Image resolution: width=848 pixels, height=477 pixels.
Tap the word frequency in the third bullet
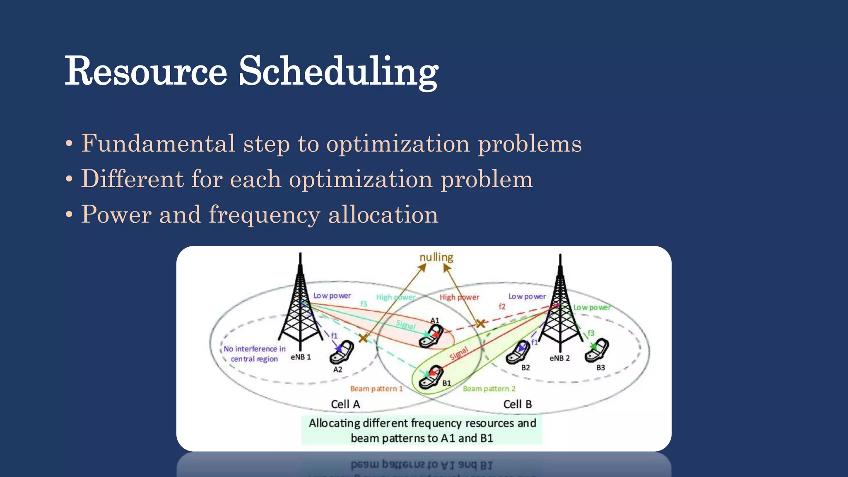coord(264,215)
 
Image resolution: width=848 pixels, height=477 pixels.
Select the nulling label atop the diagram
coord(436,257)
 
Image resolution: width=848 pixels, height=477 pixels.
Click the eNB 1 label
coord(301,357)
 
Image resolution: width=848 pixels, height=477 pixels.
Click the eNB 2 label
coord(559,358)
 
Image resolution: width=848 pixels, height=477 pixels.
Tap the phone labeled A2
coord(342,352)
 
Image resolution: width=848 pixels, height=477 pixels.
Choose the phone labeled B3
coord(597,350)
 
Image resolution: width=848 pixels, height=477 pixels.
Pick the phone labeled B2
coord(518,352)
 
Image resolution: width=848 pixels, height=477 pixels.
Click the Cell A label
coord(345,404)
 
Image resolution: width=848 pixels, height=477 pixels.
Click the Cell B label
coord(517,404)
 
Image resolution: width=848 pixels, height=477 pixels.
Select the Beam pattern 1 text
coord(376,389)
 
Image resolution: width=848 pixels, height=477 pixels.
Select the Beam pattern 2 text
coord(489,389)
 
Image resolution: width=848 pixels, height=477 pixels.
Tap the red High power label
coord(459,297)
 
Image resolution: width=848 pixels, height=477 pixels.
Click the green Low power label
coord(592,308)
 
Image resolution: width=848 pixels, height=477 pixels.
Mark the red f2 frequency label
coord(502,306)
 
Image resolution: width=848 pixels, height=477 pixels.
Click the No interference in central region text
coord(254,354)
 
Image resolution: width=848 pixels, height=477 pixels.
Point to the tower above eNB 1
coord(300,306)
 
